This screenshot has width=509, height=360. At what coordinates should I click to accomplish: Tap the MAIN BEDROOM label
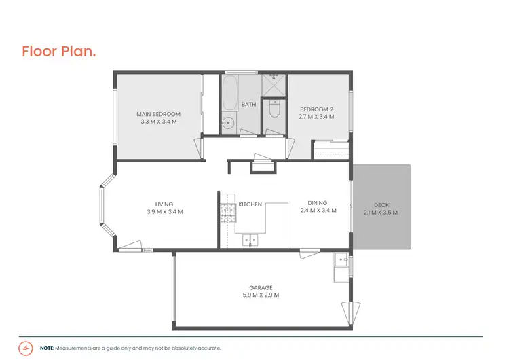[x=158, y=113]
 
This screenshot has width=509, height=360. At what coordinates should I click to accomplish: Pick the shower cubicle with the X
[x=275, y=85]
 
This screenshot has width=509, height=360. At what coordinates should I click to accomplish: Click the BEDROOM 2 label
[x=317, y=109]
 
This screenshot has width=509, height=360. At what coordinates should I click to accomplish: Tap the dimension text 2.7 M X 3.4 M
[x=317, y=117]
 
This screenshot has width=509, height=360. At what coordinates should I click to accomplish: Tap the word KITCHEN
[x=250, y=204]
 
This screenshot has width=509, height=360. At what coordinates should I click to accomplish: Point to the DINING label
[x=318, y=202]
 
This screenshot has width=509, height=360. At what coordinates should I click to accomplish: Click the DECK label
[x=381, y=205]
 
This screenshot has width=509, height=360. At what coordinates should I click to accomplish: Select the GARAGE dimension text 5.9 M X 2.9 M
[x=261, y=295]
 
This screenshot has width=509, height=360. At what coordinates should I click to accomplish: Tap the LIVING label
[x=164, y=204]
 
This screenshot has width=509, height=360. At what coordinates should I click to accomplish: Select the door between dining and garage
[x=309, y=253]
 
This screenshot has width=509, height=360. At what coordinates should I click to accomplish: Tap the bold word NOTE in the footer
[x=47, y=348]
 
